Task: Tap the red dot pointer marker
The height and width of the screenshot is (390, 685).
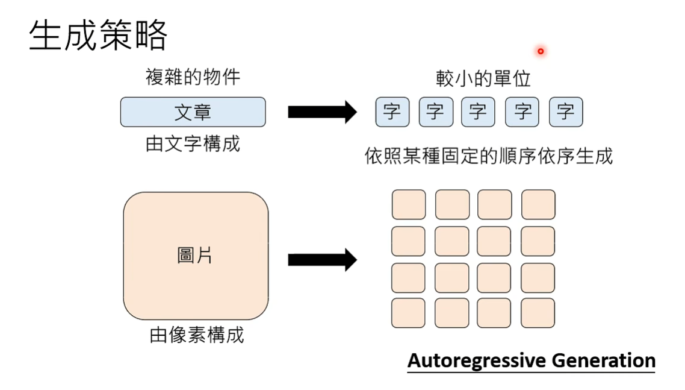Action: pos(541,51)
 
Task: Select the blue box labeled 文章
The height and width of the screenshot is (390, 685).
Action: pos(193,112)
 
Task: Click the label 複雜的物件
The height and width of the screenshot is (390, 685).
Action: pos(193,77)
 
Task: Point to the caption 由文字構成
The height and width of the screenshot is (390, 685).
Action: pos(193,144)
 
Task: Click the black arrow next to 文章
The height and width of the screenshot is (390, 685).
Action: pos(322,112)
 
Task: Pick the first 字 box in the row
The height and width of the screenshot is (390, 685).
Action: pos(392,112)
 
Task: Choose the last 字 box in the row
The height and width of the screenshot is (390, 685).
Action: pos(566,112)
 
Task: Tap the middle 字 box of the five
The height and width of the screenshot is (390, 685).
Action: pos(479,112)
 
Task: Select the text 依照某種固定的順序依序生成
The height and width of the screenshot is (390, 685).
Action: pos(489,156)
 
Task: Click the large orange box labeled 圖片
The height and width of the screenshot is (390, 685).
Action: pos(196,256)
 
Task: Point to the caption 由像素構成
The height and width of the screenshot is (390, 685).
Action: pos(197,335)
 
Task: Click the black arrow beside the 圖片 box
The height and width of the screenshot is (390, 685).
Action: pos(322,260)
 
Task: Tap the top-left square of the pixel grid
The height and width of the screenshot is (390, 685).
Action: pos(409,205)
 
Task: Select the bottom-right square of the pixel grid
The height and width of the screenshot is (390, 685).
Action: pos(538,313)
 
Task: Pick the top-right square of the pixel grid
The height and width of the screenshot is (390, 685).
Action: pos(538,205)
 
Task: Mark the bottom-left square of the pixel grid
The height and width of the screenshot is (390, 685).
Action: pos(408,313)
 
